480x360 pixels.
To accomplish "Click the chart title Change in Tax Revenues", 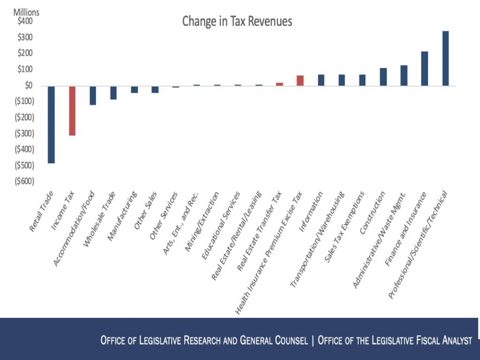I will tap(237, 21).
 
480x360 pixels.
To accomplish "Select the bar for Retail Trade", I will tap(51, 124).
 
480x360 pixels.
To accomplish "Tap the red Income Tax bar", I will tap(72, 111).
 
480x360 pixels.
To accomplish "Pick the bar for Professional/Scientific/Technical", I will tap(445, 59).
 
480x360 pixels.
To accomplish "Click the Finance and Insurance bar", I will tap(425, 68).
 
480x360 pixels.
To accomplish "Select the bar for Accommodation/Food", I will tap(93, 95).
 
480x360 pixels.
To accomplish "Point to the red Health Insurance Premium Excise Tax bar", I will tap(300, 81).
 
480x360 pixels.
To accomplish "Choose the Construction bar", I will tap(383, 77).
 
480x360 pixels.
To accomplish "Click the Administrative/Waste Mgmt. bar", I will tap(404, 75).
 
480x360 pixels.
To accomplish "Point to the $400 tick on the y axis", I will tap(25, 22).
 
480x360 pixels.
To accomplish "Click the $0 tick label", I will tap(28, 85).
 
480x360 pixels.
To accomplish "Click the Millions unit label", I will tap(26, 13).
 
